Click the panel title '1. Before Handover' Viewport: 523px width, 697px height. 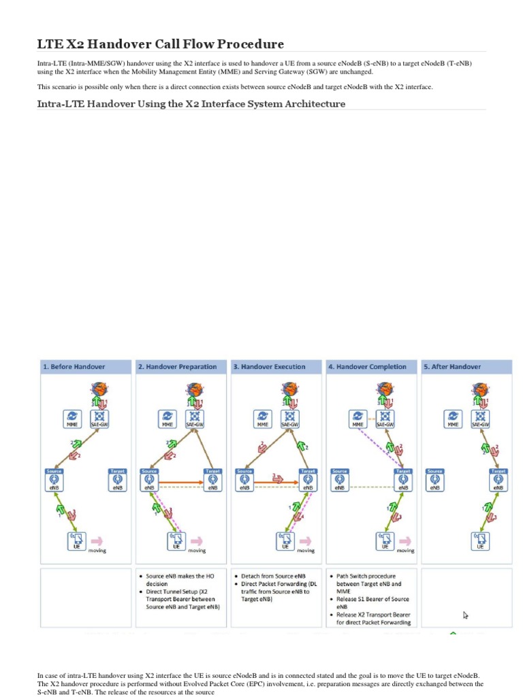tap(74, 366)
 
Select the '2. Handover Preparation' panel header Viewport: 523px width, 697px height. tap(177, 366)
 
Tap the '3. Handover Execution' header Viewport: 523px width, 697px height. tap(270, 366)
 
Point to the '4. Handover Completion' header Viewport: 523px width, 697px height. tap(367, 366)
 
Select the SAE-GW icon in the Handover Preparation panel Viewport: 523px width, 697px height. tap(195, 417)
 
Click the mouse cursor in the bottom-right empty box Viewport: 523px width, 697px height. tap(466, 615)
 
